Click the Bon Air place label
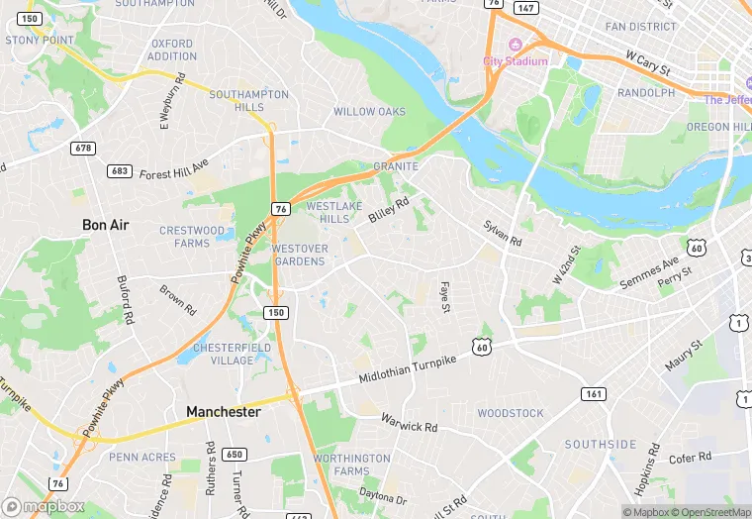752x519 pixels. coord(105,225)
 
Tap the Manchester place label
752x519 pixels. coord(224,411)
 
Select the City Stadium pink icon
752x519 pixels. coord(515,46)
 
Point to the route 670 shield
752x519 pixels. coord(83,148)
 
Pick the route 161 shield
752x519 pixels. coord(593,393)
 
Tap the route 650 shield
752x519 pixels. coord(234,455)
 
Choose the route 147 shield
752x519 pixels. coord(525,8)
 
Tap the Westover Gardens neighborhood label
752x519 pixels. coord(298,255)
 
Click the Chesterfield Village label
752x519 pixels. coord(224,354)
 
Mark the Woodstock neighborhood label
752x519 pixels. coord(511,413)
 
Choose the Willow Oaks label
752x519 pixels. coord(369,112)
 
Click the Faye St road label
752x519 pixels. coord(445,296)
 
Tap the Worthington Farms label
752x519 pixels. coord(351,465)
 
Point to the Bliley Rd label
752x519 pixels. coord(389,210)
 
